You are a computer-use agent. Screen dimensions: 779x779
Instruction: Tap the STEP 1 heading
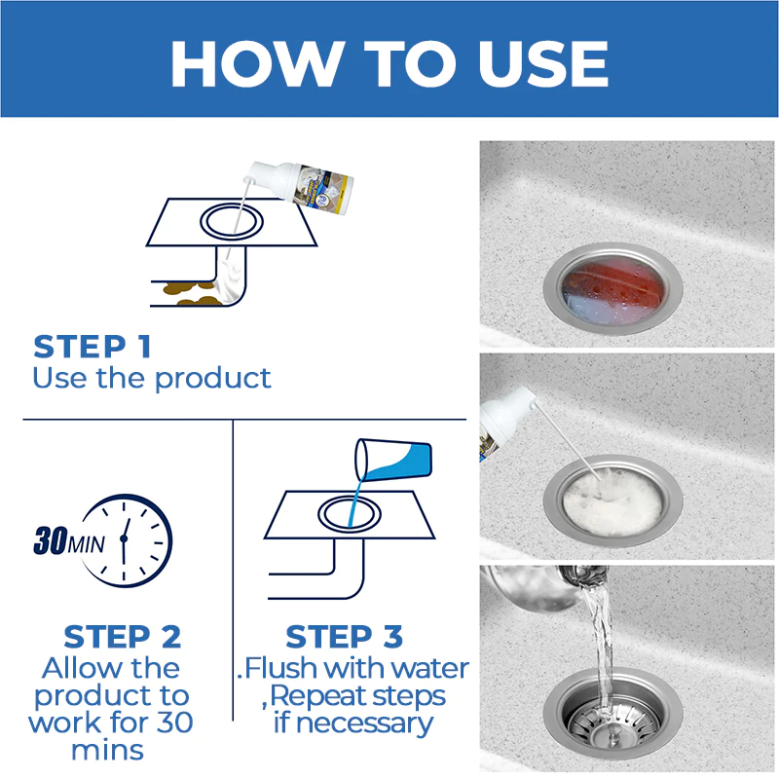(x=92, y=347)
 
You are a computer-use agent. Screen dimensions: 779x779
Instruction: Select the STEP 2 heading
(x=123, y=637)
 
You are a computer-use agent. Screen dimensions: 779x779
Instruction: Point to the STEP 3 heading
(x=344, y=637)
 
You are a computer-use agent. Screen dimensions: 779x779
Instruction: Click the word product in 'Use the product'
(x=212, y=380)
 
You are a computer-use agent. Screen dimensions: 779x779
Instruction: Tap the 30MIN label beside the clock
(x=68, y=540)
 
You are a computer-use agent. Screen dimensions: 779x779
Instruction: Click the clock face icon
(x=128, y=540)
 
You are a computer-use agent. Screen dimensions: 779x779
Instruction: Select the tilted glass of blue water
(x=393, y=460)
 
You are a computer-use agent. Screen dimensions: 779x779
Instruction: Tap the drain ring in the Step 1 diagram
(x=232, y=221)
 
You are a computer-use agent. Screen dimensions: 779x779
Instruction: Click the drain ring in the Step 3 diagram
(x=350, y=514)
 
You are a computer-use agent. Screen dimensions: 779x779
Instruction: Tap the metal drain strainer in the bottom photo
(x=612, y=715)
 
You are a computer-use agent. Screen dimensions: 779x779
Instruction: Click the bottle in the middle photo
(x=505, y=424)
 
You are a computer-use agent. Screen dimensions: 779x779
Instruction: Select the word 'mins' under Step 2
(x=107, y=750)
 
